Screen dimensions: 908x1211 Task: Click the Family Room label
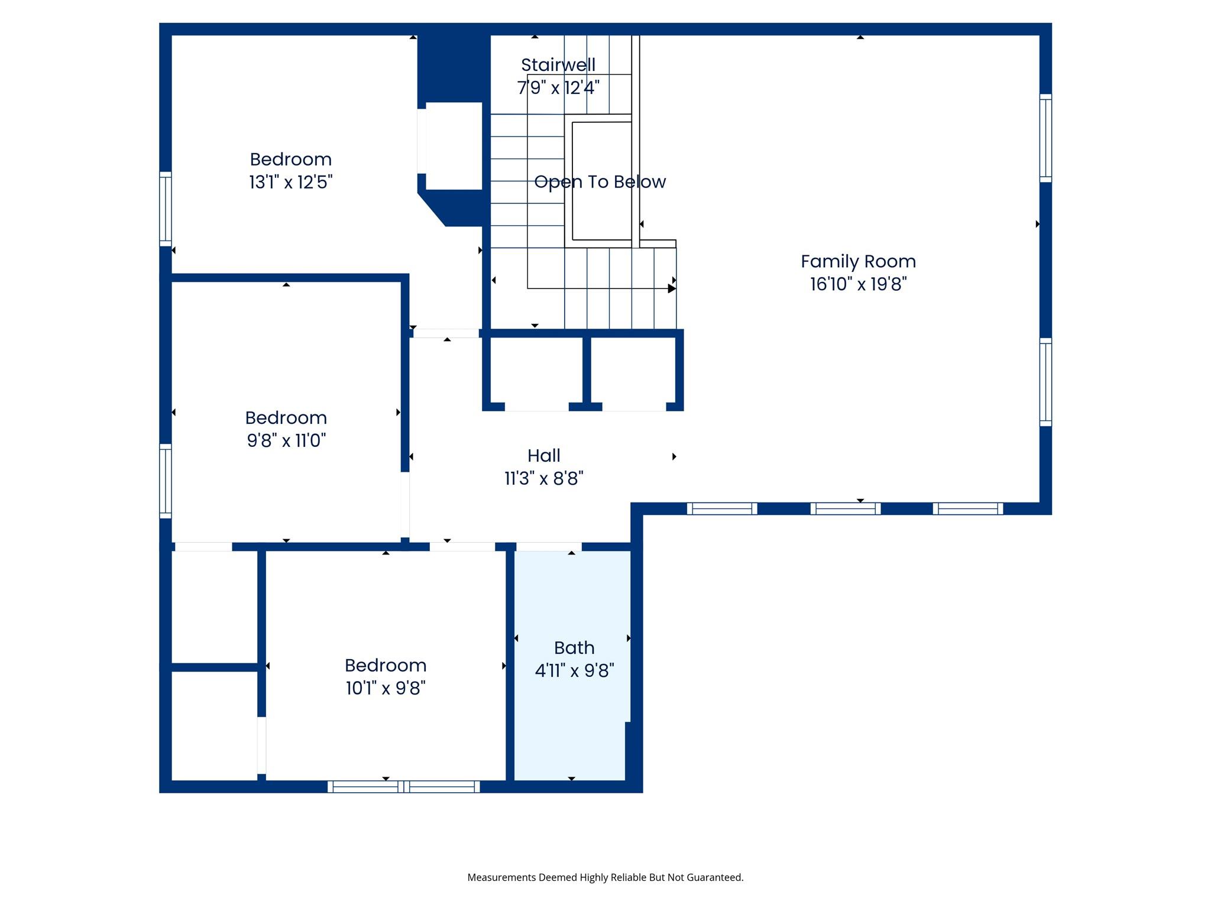point(858,261)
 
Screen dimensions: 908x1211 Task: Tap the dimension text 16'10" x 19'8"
point(858,284)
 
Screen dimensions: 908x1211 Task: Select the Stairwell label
point(558,65)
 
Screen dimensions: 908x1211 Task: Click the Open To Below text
point(600,182)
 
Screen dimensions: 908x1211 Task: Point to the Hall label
point(543,456)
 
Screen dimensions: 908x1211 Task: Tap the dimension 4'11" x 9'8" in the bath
point(574,671)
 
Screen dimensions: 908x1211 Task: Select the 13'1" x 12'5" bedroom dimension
point(290,182)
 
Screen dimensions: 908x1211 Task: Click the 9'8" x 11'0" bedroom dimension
point(286,441)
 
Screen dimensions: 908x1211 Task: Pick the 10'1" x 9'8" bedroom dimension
point(386,689)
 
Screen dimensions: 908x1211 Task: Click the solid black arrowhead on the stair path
point(671,288)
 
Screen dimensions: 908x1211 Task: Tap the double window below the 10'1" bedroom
point(404,786)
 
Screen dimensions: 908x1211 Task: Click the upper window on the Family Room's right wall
point(1045,138)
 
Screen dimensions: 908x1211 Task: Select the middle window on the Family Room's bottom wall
point(845,508)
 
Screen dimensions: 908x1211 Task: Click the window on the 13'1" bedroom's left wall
point(166,209)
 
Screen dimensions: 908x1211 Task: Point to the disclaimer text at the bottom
point(605,877)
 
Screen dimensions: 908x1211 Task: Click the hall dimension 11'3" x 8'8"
point(543,479)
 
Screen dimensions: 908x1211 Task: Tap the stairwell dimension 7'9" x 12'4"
point(558,88)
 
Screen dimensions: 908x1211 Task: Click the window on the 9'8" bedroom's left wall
point(166,481)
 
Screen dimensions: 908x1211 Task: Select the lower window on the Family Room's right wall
point(1045,382)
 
